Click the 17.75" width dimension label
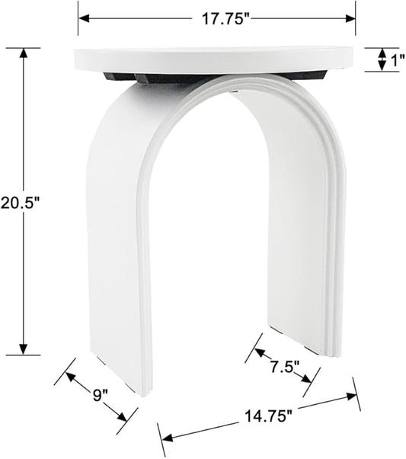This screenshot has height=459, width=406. tap(227, 19)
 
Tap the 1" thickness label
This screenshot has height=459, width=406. tap(395, 59)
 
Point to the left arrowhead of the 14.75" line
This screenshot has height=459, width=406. tap(163, 438)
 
